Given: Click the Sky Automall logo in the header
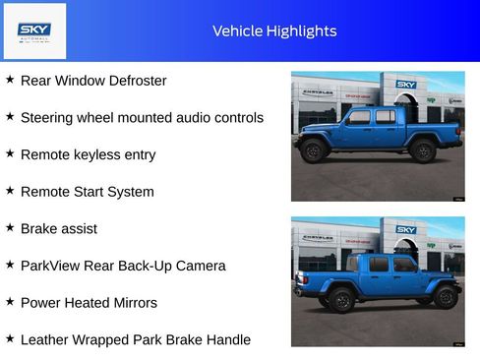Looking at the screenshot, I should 34,30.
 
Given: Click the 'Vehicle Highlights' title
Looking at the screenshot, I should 274,30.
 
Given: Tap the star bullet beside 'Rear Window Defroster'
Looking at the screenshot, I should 10,80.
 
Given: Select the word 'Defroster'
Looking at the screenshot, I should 132,81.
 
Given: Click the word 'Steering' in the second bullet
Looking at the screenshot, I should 49,118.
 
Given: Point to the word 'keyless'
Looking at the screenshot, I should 102,155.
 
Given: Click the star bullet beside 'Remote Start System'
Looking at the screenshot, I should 10,191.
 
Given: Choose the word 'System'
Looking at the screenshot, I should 130,192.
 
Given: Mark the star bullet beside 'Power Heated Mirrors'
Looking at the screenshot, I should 10,302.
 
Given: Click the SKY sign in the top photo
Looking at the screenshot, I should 406,85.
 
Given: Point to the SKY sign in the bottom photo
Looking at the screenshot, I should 406,229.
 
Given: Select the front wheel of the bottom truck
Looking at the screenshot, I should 446,296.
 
